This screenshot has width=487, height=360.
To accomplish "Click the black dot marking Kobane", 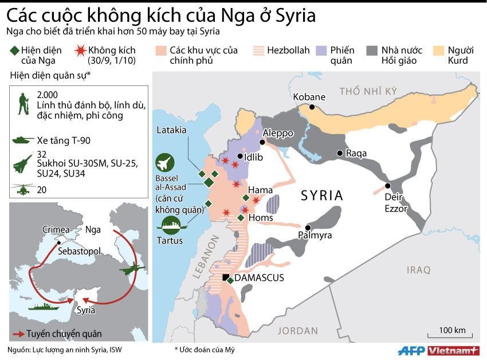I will [312, 107].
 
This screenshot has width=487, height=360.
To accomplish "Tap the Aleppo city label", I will [278, 133].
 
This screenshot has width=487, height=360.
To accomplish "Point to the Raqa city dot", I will [340, 153].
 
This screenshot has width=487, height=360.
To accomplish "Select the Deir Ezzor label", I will [395, 203].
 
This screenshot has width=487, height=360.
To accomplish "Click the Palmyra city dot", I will [308, 226].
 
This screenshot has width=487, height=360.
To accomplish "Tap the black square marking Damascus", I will [225, 278].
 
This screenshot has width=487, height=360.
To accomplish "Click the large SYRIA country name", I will [322, 195].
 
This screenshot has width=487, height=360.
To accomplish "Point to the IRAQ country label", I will [418, 269].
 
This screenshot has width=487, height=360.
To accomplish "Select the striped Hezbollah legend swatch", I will [257, 50].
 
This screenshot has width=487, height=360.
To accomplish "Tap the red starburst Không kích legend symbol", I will [80, 50].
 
